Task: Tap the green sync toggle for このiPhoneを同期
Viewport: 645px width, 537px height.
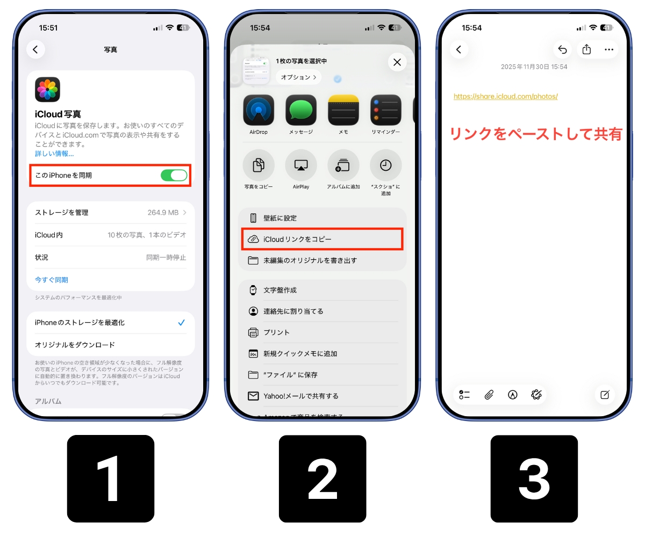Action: (174, 175)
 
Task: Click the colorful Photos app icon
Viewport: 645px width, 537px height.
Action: (47, 90)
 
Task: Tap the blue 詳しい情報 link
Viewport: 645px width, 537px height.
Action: (54, 154)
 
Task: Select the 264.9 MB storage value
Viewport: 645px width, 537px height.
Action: (162, 213)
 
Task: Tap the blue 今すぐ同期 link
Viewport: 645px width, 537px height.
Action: (52, 280)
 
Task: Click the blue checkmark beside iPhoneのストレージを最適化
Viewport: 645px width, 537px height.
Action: (181, 323)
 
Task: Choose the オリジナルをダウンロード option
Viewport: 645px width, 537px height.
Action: (75, 345)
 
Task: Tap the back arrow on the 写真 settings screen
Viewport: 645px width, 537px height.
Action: (35, 49)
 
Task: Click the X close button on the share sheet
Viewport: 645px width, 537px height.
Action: (397, 62)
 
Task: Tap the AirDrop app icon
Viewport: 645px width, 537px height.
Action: (259, 111)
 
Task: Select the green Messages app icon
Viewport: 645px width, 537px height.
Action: (301, 111)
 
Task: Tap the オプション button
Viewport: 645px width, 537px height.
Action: (298, 77)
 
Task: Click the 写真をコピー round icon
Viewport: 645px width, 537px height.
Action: (259, 165)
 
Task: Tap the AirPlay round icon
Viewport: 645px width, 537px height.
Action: (301, 165)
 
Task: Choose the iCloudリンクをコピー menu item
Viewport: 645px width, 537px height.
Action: (321, 239)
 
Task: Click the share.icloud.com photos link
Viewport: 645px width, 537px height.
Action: (505, 97)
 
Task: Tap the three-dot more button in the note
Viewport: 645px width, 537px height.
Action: (608, 49)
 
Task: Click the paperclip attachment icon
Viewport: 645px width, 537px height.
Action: (489, 395)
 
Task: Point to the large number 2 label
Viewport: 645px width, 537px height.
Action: (322, 478)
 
